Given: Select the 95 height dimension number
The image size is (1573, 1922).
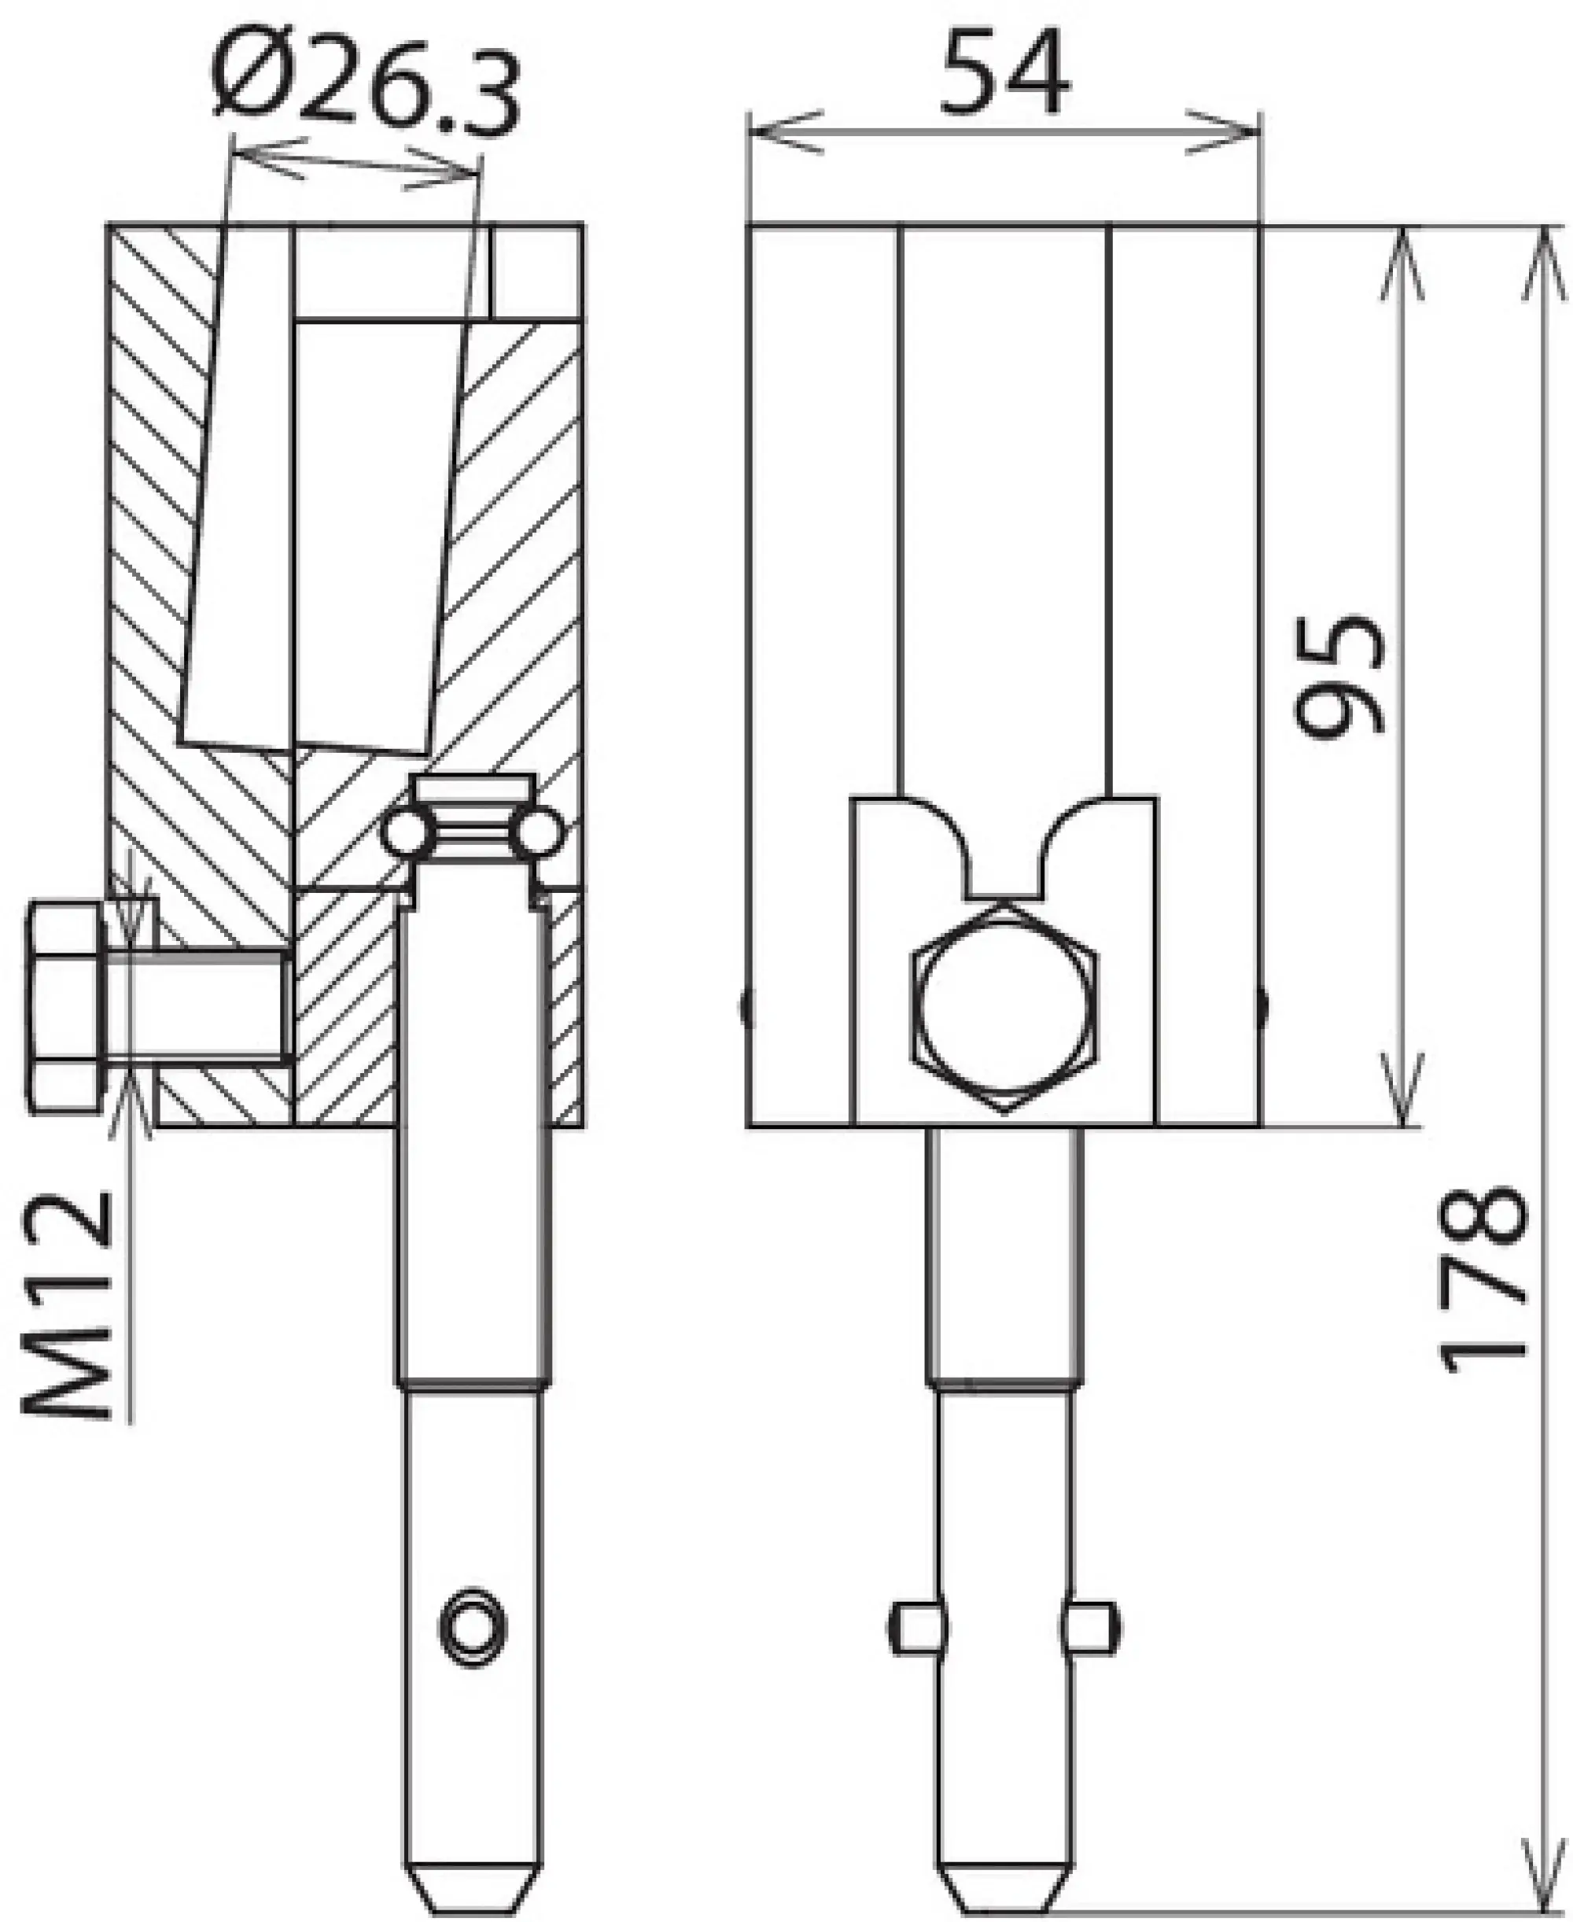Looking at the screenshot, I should [x=1339, y=675].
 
